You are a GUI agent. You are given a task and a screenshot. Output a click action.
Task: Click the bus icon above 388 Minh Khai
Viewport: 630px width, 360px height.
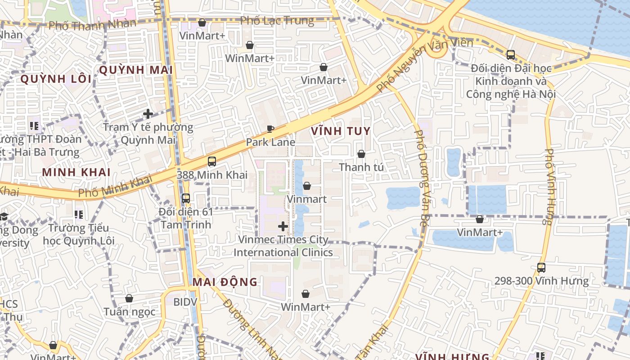point(212,161)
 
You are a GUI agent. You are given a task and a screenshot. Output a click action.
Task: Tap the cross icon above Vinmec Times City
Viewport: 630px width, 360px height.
point(283,226)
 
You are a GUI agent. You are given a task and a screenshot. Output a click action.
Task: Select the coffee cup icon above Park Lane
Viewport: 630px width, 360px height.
point(270,129)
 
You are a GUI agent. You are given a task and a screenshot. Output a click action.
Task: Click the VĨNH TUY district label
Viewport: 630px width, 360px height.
point(341,131)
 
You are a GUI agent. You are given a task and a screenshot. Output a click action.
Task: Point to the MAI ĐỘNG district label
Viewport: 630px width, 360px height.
point(225,282)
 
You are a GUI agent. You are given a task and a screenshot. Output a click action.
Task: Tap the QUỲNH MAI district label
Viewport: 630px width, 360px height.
point(136,70)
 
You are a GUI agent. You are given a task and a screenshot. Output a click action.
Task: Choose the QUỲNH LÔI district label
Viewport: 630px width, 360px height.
point(56,79)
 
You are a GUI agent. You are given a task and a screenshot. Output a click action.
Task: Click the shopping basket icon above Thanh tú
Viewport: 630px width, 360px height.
point(361,154)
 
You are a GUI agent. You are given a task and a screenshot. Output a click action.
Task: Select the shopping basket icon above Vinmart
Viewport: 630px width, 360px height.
point(307,185)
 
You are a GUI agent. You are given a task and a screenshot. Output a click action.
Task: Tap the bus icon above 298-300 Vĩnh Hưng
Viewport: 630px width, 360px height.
point(541,268)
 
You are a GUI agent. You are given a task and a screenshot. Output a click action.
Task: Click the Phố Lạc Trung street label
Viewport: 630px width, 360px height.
point(277,21)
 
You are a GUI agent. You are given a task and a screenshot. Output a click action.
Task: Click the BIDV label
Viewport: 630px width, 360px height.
point(185,301)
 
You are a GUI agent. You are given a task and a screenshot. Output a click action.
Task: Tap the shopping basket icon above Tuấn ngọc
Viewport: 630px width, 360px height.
point(129,298)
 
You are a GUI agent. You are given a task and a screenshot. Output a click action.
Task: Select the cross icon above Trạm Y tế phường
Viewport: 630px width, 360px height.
point(148,114)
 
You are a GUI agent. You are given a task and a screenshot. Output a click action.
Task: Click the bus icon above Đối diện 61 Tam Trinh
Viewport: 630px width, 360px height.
point(185,198)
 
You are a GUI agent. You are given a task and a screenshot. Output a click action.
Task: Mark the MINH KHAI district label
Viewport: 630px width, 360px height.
point(76,172)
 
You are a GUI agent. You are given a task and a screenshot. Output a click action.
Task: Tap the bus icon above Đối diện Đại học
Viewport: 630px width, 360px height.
point(511,55)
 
